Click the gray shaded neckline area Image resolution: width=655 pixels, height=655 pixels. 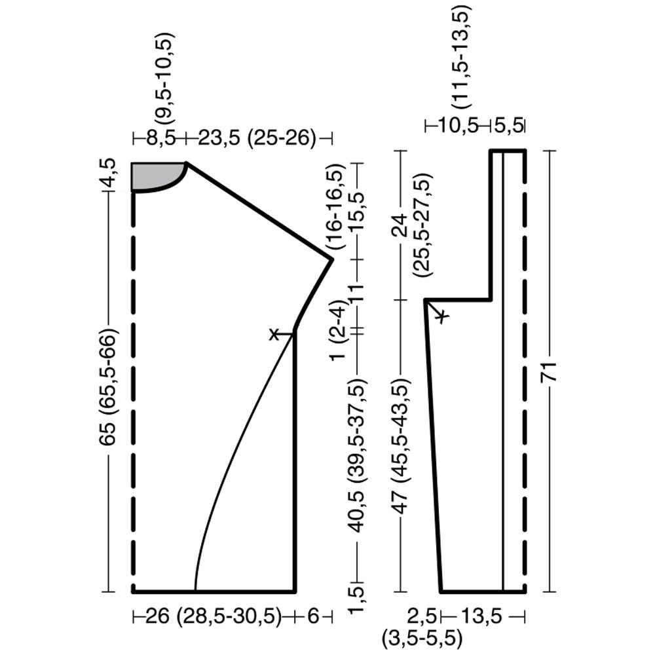(153, 175)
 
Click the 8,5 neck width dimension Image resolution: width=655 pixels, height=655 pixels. (162, 138)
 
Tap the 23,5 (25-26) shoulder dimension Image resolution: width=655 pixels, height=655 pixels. (257, 138)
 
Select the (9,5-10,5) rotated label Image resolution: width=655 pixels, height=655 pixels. (164, 78)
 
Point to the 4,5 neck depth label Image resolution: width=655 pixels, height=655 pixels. (109, 173)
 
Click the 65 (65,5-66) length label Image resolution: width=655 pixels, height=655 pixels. (109, 387)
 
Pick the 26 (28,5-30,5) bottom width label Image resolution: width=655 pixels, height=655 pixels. (214, 616)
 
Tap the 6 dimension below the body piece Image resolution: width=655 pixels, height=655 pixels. (313, 616)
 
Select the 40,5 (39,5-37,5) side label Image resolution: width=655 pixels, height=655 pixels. (358, 455)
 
